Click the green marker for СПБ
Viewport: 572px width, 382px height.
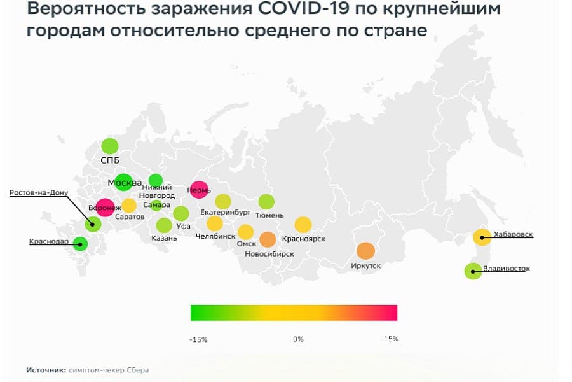coord(110,146)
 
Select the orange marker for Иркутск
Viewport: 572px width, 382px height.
coord(365,251)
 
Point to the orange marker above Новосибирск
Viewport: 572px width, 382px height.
coord(268,239)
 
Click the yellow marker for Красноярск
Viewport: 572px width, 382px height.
coord(303,224)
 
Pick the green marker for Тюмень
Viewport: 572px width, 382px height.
coord(266,202)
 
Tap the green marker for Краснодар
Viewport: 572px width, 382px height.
coord(80,243)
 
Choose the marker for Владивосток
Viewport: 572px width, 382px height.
coord(473,271)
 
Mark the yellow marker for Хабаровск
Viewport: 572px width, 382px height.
coord(482,237)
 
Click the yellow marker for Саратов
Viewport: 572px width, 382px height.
coord(129,206)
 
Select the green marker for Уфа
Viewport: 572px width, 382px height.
coord(180,213)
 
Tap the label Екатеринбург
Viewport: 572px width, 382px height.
coord(225,212)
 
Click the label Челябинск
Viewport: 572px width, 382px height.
coord(215,236)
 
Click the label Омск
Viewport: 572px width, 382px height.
coord(245,244)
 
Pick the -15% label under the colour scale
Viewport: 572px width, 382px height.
coord(198,339)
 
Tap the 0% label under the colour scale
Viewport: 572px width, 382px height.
coord(298,339)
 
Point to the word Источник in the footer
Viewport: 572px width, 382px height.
coord(46,369)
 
